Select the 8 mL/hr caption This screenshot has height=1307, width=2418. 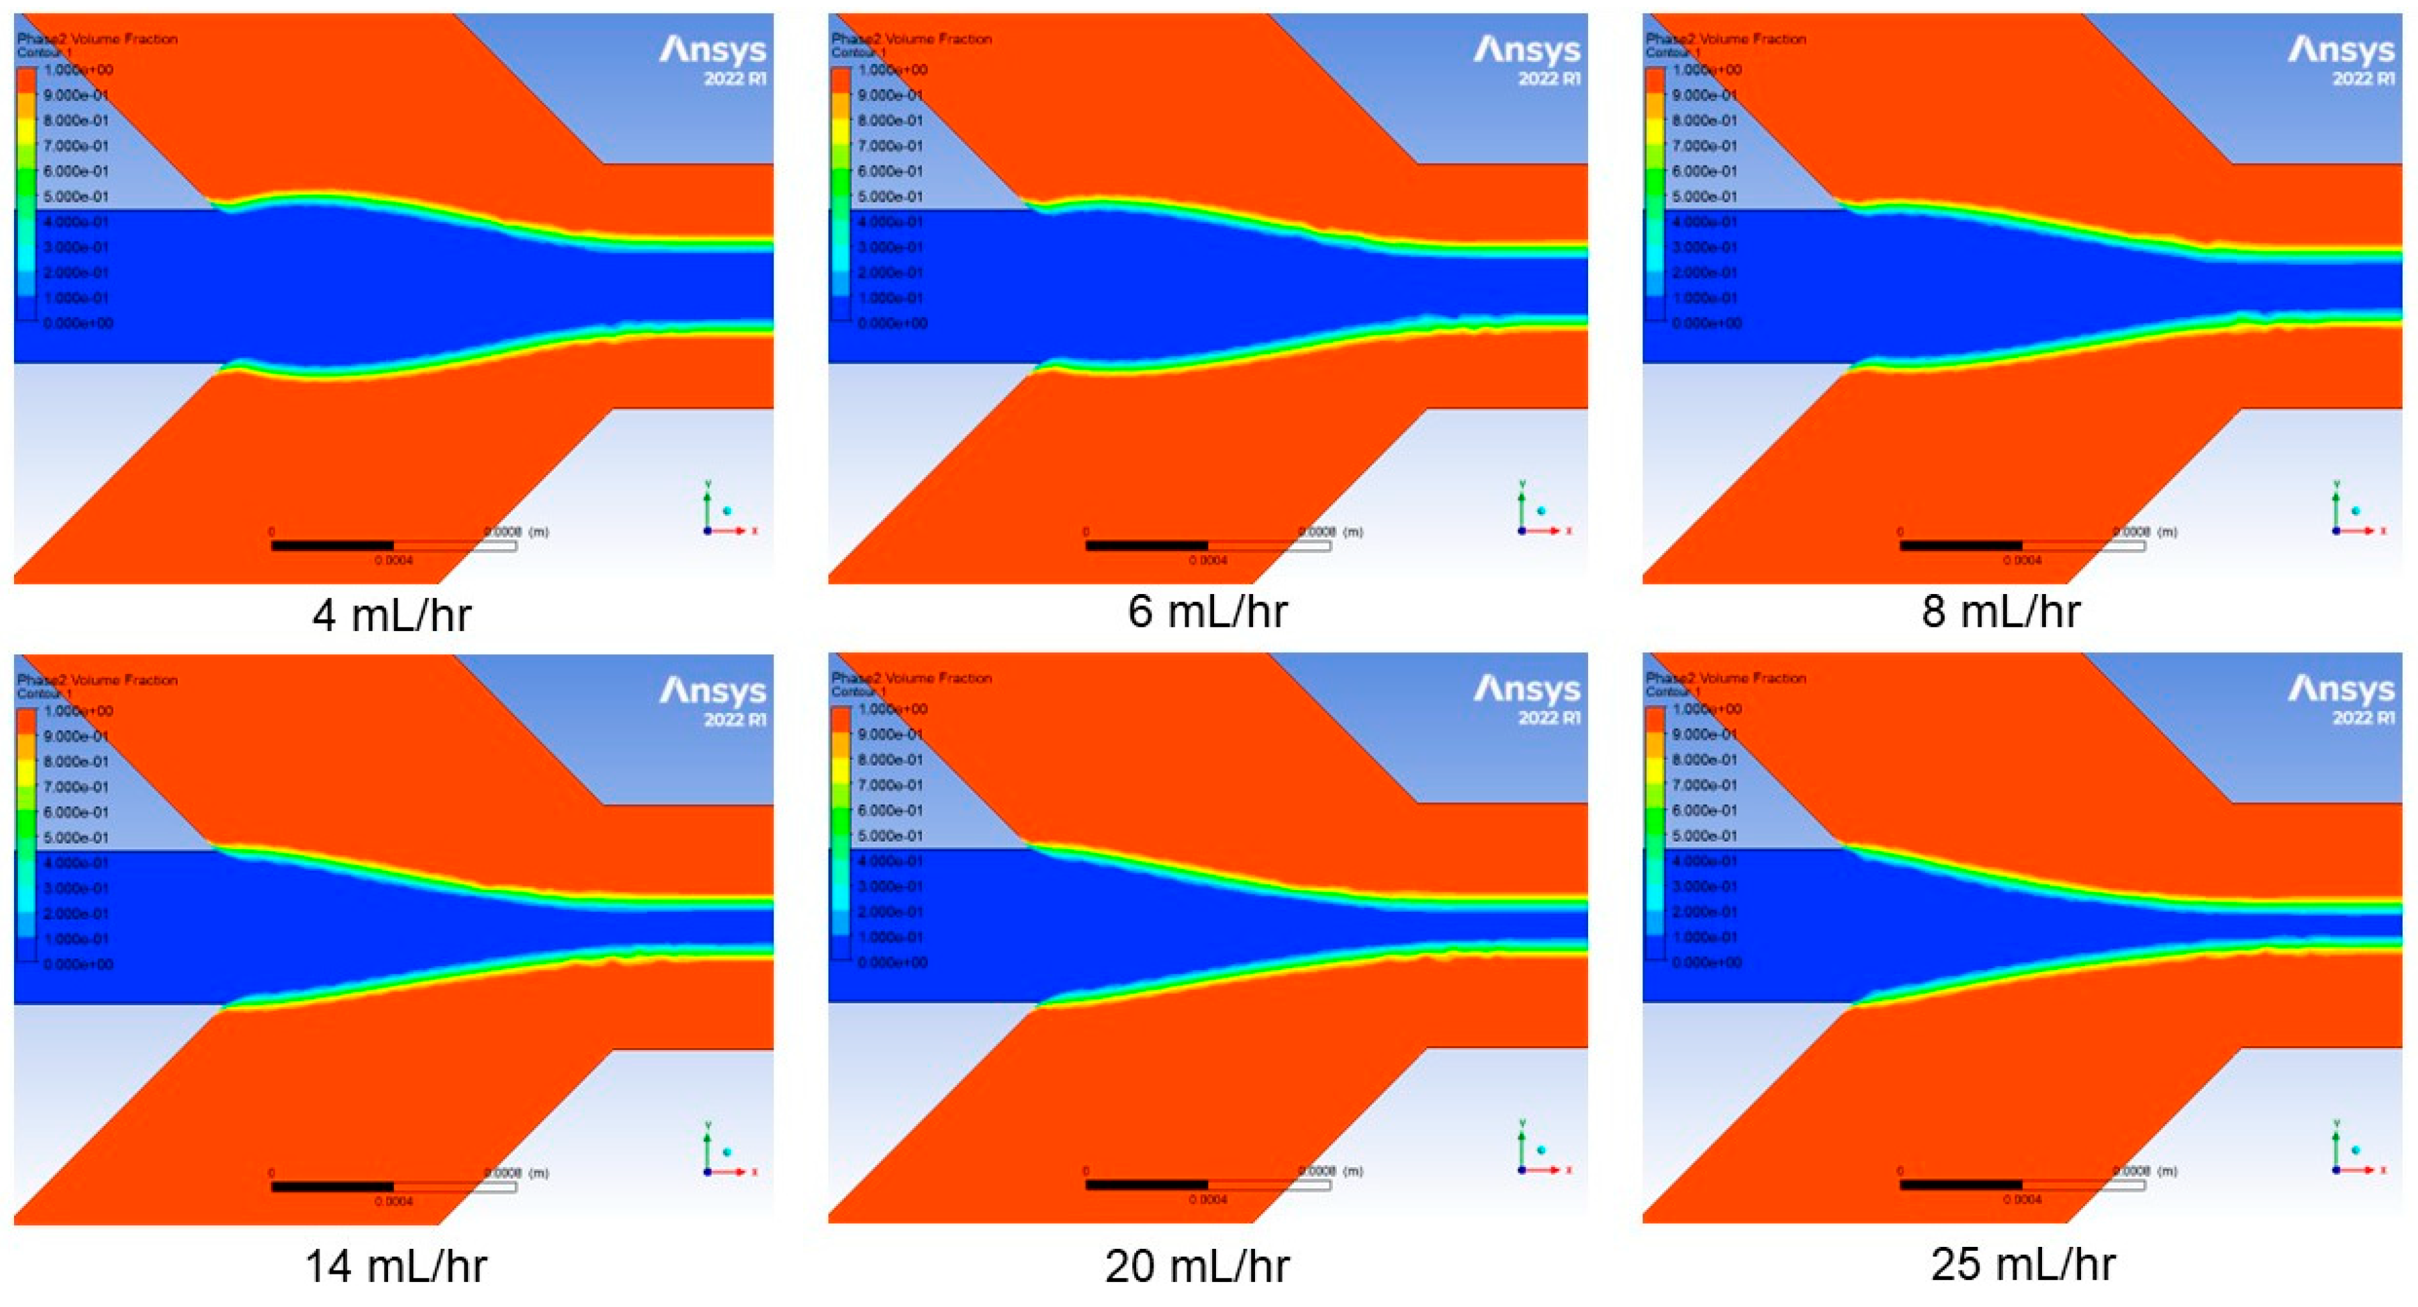click(2001, 611)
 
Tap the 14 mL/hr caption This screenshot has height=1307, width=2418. click(395, 1265)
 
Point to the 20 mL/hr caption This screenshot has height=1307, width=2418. click(1197, 1265)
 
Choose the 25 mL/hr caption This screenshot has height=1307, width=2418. click(2023, 1264)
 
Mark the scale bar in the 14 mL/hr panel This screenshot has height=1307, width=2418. click(393, 1187)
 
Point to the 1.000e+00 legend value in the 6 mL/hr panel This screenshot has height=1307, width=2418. click(892, 70)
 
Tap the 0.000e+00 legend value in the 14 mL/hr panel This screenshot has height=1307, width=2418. click(78, 964)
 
